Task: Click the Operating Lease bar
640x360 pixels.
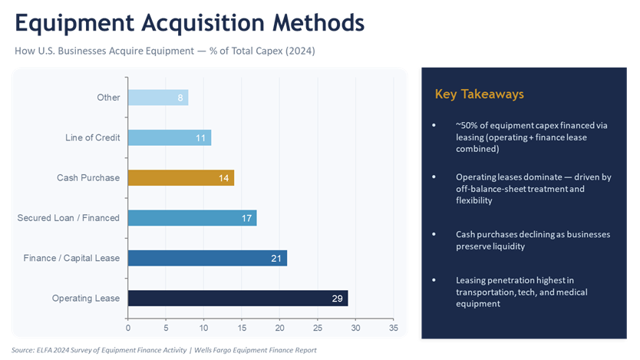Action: [237, 298]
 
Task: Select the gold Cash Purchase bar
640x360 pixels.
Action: [180, 177]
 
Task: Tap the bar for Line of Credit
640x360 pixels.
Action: [169, 137]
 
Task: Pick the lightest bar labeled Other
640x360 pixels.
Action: [157, 97]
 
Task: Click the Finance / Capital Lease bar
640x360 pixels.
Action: [207, 258]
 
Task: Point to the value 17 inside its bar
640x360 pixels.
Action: [247, 218]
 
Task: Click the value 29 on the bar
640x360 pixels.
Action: [337, 298]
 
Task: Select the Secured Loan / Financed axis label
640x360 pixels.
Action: [68, 218]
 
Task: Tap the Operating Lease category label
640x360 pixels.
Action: [86, 298]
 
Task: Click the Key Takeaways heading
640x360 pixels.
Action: [479, 94]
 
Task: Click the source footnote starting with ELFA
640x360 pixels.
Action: [164, 350]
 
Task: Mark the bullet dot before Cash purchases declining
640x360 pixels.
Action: [434, 233]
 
